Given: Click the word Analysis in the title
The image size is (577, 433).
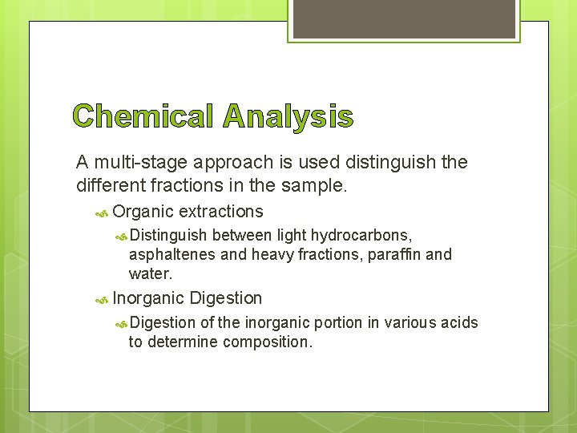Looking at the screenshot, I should (288, 117).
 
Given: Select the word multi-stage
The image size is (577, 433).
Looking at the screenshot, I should (137, 163).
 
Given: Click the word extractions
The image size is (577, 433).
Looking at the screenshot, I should (221, 212).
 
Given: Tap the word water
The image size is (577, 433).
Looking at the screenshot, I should (150, 273).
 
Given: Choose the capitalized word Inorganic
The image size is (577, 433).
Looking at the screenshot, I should (147, 298).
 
